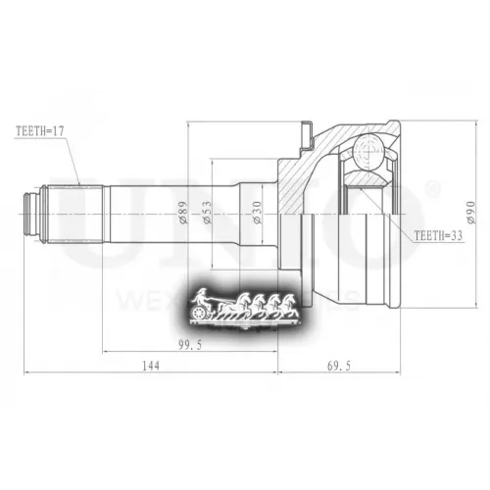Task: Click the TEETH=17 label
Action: point(39,130)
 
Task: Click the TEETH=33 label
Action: point(438,237)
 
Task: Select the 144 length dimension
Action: point(149,366)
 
